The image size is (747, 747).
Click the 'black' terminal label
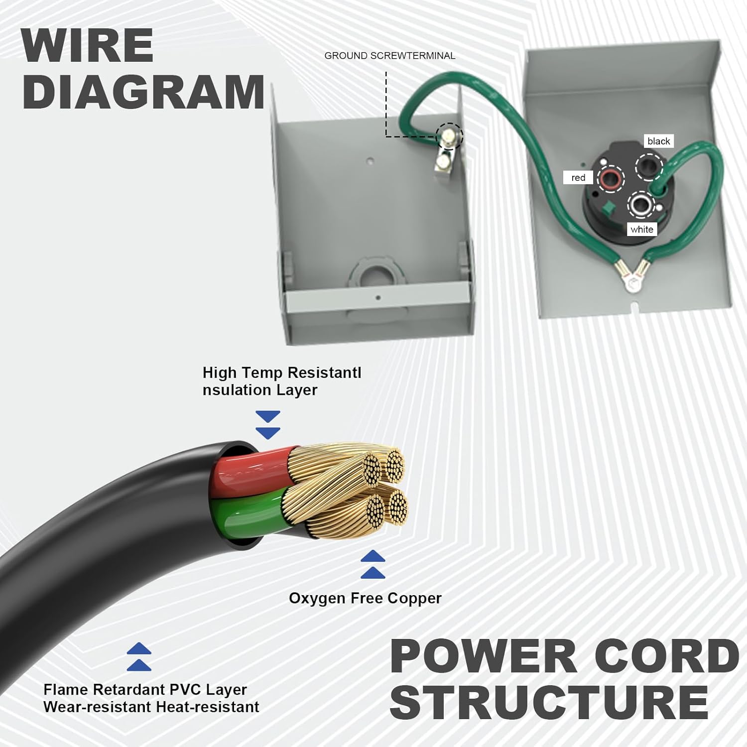point(658,141)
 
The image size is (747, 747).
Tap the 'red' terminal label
point(578,178)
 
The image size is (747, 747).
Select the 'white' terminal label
point(641,230)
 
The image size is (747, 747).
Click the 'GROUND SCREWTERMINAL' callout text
point(389,56)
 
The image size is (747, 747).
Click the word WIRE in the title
point(88,46)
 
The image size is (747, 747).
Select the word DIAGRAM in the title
point(143,93)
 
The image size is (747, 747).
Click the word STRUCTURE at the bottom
point(549,702)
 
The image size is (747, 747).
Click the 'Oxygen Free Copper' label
point(365,598)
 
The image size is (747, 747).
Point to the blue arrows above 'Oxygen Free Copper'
point(373,564)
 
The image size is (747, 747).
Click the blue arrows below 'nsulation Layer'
point(268,425)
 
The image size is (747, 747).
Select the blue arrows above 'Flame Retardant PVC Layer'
point(139,657)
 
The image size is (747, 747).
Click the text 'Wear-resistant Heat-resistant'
point(151,707)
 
